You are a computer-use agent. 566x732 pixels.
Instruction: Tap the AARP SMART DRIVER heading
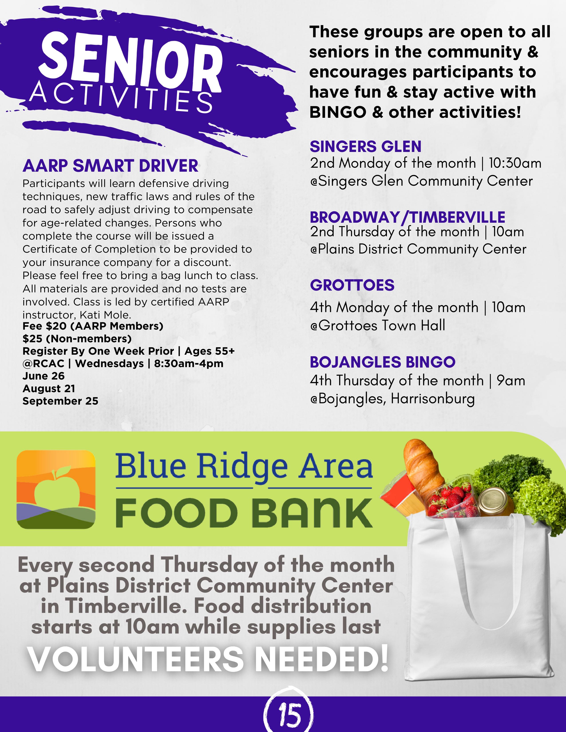pos(110,166)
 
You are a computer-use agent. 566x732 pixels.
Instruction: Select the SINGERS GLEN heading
pos(366,146)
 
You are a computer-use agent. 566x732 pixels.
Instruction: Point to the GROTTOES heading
pos(352,285)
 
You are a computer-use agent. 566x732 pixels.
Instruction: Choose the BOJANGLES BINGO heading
pos(383,362)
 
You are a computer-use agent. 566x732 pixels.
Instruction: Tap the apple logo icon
pos(56,489)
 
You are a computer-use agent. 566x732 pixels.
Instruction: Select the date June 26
pos(44,376)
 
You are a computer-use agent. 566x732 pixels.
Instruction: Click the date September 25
pos(60,401)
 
